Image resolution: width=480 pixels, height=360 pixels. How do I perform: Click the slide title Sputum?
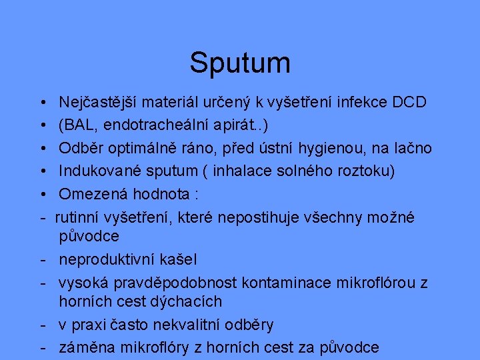[240, 63]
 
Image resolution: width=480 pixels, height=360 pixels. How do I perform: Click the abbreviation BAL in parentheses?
[79, 125]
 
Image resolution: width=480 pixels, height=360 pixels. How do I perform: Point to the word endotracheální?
[155, 125]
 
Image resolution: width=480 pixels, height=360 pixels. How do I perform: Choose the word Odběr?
[79, 148]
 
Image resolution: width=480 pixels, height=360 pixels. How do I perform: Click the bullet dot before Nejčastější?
[42, 103]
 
